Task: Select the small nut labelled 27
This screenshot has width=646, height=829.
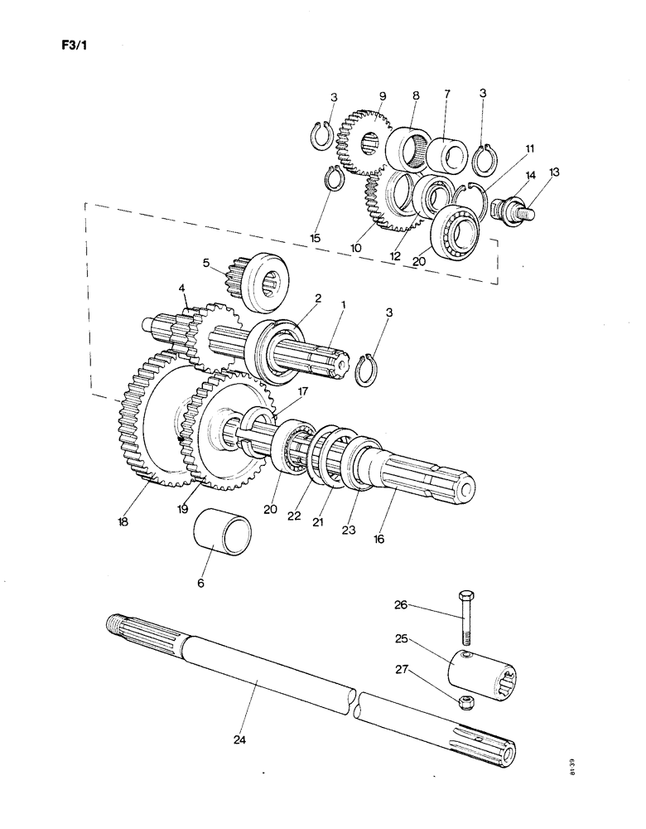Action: pyautogui.click(x=468, y=704)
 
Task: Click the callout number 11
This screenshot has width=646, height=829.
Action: pyautogui.click(x=529, y=149)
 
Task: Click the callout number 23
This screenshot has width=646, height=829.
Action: pyautogui.click(x=349, y=530)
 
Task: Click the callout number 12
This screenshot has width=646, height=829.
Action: pyautogui.click(x=396, y=256)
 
